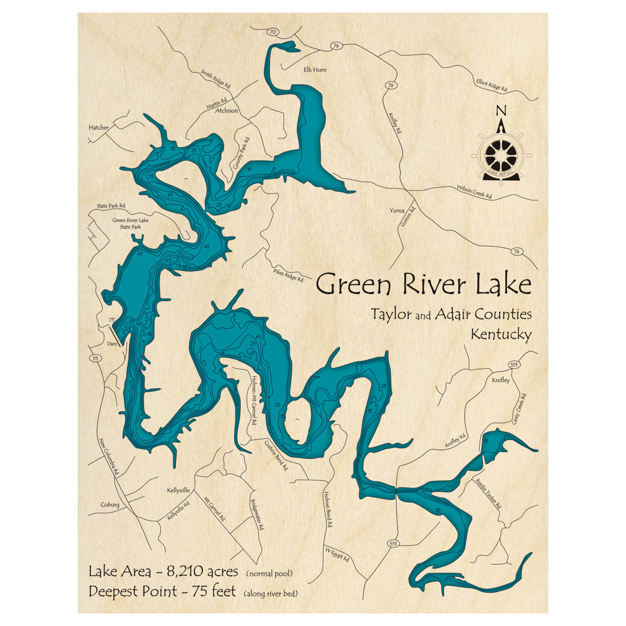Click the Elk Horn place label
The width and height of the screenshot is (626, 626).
pyautogui.click(x=314, y=70)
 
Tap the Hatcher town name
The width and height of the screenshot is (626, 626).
pyautogui.click(x=99, y=127)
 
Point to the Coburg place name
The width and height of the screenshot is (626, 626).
pyautogui.click(x=110, y=505)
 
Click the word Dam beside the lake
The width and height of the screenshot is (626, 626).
pyautogui.click(x=112, y=344)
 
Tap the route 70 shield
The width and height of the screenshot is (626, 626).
pyautogui.click(x=272, y=32)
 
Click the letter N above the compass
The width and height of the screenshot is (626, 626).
pyautogui.click(x=500, y=111)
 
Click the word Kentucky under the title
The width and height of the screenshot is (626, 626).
pyautogui.click(x=501, y=334)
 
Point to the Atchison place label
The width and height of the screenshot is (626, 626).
pyautogui.click(x=227, y=111)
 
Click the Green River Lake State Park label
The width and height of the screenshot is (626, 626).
pyautogui.click(x=127, y=223)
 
